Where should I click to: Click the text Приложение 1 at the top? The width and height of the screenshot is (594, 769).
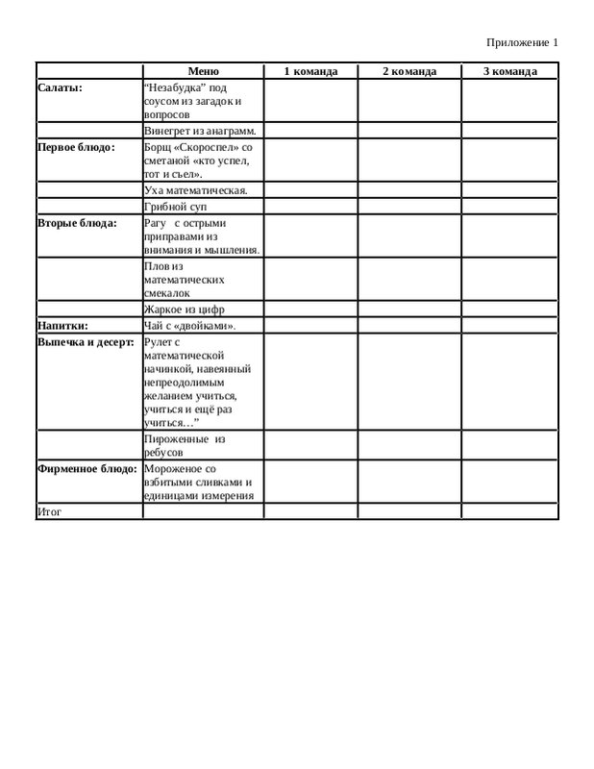point(522,42)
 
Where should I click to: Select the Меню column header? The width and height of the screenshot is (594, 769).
point(203,71)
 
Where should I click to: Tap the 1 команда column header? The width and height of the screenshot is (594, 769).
point(310,71)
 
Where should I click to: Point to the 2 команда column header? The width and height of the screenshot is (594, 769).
point(409,71)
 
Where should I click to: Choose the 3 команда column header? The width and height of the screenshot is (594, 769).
point(509,71)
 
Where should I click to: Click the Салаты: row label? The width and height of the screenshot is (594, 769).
point(60,87)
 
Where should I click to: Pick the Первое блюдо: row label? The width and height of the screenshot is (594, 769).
point(76,147)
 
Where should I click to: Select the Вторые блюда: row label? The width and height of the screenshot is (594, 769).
point(77,223)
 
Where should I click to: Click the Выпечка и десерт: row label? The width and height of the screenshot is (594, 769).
point(86,341)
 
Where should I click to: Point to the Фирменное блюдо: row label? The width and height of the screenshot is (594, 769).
point(87,468)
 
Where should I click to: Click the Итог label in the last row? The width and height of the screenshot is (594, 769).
point(49,511)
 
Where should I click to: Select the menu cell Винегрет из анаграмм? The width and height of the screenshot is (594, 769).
point(199,130)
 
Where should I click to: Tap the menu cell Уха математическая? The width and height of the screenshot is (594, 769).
point(195,190)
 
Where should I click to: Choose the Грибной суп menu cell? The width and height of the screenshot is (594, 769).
point(175,207)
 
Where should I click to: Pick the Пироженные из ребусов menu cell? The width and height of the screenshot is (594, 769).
point(184,445)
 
